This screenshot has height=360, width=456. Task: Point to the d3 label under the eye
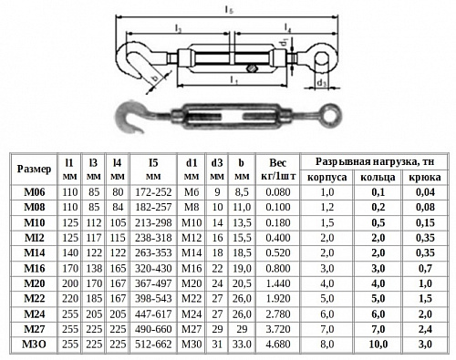click(x=321, y=83)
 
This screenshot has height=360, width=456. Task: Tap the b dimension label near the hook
click(x=155, y=78)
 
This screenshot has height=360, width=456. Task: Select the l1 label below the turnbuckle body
click(x=233, y=80)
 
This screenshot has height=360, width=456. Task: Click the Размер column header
click(x=34, y=169)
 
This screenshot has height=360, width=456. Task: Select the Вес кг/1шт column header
click(x=278, y=170)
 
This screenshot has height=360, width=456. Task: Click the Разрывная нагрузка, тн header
click(x=375, y=161)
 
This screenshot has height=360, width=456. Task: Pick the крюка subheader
click(x=425, y=177)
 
